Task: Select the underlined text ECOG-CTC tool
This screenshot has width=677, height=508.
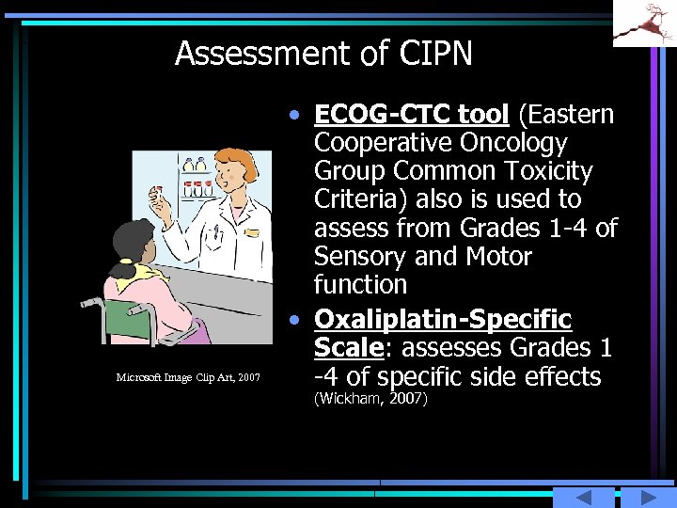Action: pyautogui.click(x=412, y=115)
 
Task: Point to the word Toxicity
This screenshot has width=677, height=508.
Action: pyautogui.click(x=545, y=171)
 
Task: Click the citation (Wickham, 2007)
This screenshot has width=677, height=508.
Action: pyautogui.click(x=370, y=400)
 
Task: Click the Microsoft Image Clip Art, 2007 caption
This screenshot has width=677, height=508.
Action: pyautogui.click(x=188, y=377)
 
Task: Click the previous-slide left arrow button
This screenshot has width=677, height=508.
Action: pyautogui.click(x=583, y=498)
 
